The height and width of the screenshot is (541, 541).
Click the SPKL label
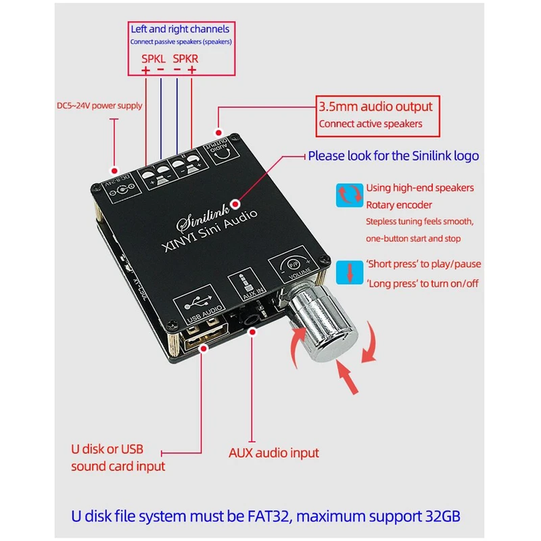coord(153,58)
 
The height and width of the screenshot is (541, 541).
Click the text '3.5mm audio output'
coord(375,107)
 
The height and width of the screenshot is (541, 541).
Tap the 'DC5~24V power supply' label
coord(99,105)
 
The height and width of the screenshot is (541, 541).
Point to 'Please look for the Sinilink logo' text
coord(394,156)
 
